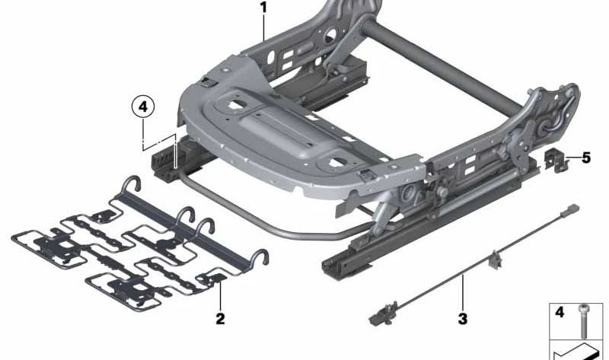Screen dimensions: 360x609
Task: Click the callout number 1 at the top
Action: (x=263, y=8)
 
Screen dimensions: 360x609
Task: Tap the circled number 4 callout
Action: (x=142, y=107)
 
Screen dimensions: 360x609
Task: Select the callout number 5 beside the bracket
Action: (x=585, y=158)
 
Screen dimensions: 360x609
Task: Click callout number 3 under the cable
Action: (x=462, y=319)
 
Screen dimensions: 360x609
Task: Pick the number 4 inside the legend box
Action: (x=559, y=311)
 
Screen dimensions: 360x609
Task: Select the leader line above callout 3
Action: (x=462, y=294)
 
